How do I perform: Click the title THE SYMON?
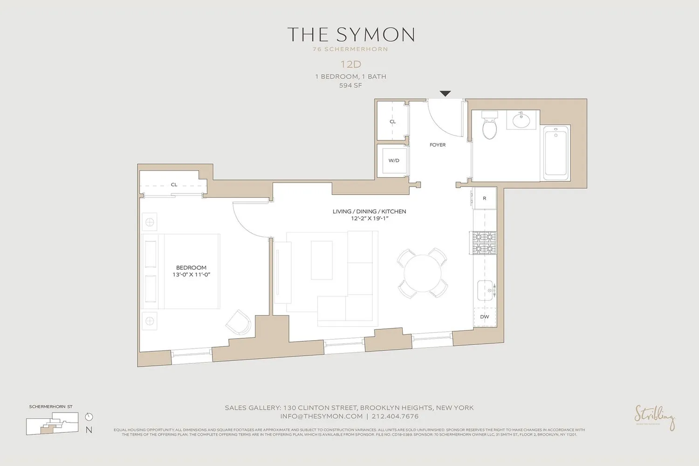[350, 35]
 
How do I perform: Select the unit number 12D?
[350, 64]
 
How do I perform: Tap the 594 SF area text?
[350, 85]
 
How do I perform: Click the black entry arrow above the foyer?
[445, 94]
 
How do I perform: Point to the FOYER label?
[438, 145]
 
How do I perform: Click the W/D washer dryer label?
[394, 160]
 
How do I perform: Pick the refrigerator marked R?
[485, 199]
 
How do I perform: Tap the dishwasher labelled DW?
[485, 317]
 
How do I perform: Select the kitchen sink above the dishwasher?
[486, 290]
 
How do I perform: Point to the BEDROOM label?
[191, 267]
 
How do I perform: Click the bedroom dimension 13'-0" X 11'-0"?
[191, 275]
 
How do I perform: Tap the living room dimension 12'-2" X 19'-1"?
[370, 218]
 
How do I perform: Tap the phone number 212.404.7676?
[395, 416]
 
